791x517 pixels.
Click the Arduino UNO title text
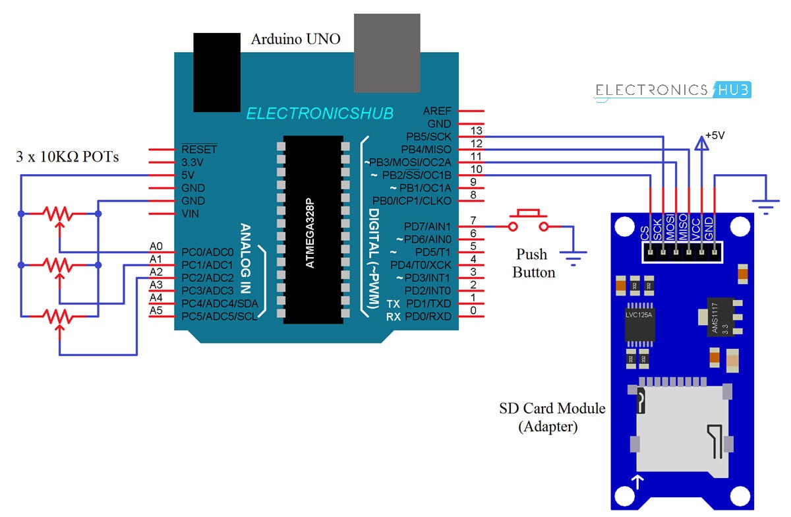coord(295,40)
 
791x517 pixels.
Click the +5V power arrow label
coord(715,135)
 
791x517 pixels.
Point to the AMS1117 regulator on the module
coord(719,319)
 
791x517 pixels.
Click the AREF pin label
coord(439,111)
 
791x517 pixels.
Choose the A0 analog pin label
coord(156,246)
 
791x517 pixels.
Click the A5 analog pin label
coord(156,311)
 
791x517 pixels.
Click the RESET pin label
coord(198,150)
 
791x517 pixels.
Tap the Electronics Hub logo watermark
coord(673,91)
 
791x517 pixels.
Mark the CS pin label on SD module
coord(645,232)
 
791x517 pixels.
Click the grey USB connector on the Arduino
coord(387,53)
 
